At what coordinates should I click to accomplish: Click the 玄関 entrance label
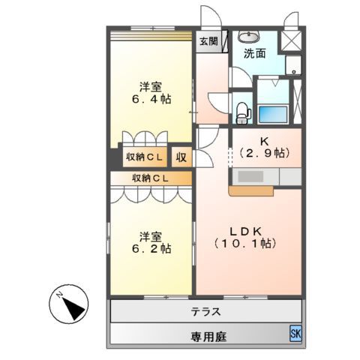pos(209,43)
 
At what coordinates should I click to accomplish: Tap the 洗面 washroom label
pos(254,54)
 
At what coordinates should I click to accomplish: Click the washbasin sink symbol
pos(247,36)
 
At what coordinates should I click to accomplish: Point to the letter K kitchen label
pos(263,140)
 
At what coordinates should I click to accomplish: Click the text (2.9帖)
pos(263,153)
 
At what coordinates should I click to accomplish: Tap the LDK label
pos(245,230)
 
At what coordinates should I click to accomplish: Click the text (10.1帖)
pos(245,244)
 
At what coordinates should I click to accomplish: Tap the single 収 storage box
pos(181,157)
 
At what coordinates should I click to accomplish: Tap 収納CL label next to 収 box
pos(145,157)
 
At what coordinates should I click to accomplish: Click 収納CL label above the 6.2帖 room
pos(150,178)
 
